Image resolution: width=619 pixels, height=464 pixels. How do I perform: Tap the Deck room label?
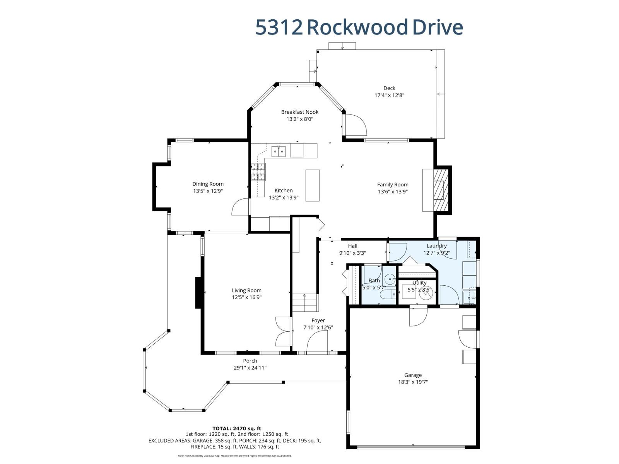pos(389,88)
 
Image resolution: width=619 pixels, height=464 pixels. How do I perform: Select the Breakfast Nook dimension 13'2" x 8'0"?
pos(299,119)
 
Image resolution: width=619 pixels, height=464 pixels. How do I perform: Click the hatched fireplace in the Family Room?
pos(439,189)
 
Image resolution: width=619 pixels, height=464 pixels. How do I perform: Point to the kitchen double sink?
pos(278,151)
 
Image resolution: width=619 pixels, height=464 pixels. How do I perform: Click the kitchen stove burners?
pos(258,172)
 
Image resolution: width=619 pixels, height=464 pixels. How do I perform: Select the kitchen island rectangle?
pos(312,185)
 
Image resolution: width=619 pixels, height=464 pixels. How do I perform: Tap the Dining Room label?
pos(208,184)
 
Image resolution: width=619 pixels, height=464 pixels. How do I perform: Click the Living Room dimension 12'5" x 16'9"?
pos(246,297)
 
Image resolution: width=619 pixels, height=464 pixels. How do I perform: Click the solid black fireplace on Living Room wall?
pos(198,292)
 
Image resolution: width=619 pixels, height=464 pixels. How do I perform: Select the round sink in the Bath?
pos(391,278)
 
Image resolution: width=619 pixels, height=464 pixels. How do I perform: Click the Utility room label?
pos(419,283)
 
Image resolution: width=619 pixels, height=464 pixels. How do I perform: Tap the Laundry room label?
pos(436,246)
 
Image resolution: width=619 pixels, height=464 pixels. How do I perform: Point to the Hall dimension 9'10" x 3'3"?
pos(352,253)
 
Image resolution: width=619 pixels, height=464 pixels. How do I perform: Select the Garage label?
pos(413,375)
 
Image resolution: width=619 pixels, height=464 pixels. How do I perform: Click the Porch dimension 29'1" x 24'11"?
pos(250,368)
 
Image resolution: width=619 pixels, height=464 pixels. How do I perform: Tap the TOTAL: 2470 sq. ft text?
pos(236,428)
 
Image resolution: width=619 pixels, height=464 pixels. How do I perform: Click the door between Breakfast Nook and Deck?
pos(355,125)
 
